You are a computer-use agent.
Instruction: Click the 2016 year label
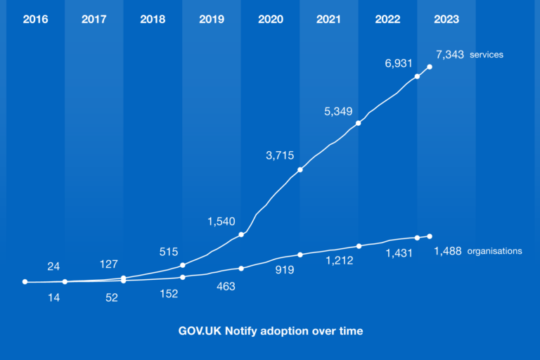pyautogui.click(x=35, y=20)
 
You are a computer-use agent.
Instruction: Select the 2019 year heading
pyautogui.click(x=212, y=20)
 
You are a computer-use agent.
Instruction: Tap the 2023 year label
pyautogui.click(x=446, y=20)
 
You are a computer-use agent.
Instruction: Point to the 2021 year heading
pyautogui.click(x=328, y=20)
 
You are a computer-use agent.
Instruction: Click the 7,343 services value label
pyautogui.click(x=450, y=54)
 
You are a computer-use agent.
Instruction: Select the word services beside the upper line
pyautogui.click(x=487, y=55)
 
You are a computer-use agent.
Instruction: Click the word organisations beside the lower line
pyautogui.click(x=494, y=251)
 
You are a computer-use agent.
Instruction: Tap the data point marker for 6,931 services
pyautogui.click(x=418, y=76)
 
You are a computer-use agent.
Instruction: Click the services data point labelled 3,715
pyautogui.click(x=300, y=169)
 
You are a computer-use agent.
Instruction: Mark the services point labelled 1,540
pyautogui.click(x=241, y=234)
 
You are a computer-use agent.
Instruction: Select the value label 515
pyautogui.click(x=169, y=251)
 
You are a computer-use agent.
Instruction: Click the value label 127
pyautogui.click(x=108, y=264)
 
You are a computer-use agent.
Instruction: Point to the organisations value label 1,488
pyautogui.click(x=448, y=251)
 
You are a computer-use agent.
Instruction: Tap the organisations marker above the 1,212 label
pyautogui.click(x=359, y=246)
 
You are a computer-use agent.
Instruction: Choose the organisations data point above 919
pyautogui.click(x=300, y=255)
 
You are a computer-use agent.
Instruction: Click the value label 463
pyautogui.click(x=226, y=286)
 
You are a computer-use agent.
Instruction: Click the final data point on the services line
pyautogui.click(x=430, y=67)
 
